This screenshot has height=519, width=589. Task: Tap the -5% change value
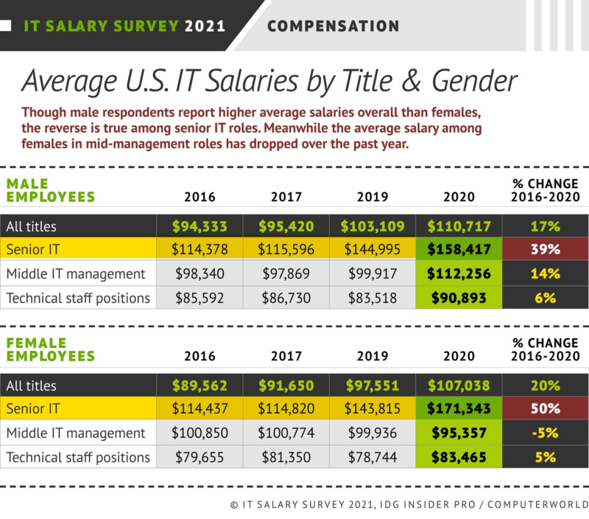[544, 433]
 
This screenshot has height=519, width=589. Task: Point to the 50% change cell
[544, 408]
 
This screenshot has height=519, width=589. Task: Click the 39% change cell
[544, 248]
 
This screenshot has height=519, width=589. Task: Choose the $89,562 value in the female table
[200, 384]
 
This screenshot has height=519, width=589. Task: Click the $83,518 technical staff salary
[372, 297]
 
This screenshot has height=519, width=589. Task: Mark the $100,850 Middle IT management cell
[200, 433]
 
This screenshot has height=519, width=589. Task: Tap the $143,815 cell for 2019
[372, 408]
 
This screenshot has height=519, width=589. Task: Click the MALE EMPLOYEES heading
[50, 190]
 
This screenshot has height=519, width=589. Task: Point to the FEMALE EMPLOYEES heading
[50, 350]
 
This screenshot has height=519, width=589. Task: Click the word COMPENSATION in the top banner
[333, 27]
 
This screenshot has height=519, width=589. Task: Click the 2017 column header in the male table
[286, 197]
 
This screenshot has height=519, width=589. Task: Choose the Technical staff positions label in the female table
[78, 457]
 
